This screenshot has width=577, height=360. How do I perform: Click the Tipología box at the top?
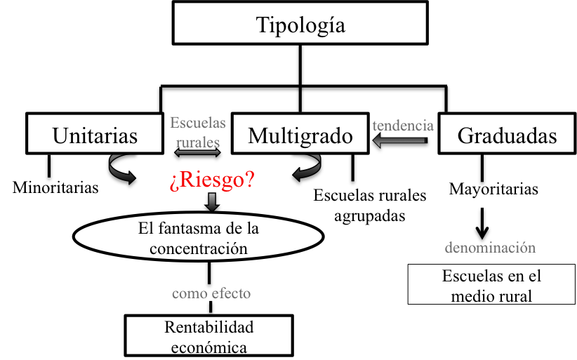300,26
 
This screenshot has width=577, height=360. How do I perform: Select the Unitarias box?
95,134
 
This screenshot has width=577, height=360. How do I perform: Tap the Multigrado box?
300,134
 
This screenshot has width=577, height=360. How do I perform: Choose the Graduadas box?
507,134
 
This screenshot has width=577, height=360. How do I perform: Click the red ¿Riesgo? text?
212,180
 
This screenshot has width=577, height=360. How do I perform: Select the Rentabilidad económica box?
208,336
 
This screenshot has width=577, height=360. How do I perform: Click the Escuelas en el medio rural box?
491,285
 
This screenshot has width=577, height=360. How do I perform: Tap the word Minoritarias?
55,187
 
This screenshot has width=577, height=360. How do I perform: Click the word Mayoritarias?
493,188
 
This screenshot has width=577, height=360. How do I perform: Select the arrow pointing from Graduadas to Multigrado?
400,143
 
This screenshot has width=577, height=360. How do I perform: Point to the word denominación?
490,248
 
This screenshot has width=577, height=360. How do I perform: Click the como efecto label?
211,293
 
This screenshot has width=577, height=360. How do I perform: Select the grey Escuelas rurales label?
198,132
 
